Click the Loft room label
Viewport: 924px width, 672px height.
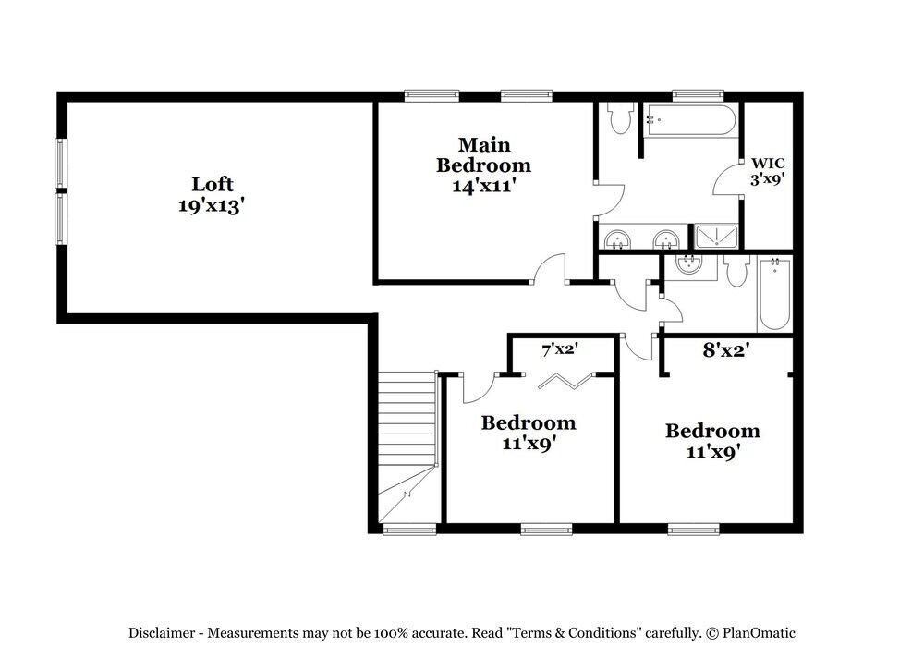[213, 185]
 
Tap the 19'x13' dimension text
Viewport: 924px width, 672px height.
[211, 206]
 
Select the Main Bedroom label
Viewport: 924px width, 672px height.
[484, 155]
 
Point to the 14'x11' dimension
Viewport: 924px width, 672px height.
[484, 186]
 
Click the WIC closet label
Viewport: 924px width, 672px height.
[768, 163]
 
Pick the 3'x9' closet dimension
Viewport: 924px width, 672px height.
[768, 178]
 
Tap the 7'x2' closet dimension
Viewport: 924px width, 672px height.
[559, 349]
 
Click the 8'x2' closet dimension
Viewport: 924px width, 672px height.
[726, 350]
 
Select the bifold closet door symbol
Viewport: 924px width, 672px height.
[565, 382]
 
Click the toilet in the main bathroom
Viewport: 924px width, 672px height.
[620, 118]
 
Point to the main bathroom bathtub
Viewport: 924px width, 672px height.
[689, 120]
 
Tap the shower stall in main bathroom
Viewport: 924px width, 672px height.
[716, 236]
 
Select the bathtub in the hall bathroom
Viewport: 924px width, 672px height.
[774, 294]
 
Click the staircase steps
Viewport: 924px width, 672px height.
[407, 420]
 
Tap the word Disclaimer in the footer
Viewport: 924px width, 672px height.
[162, 633]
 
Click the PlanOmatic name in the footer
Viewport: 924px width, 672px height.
[759, 633]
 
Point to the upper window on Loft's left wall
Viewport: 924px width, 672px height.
[60, 164]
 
